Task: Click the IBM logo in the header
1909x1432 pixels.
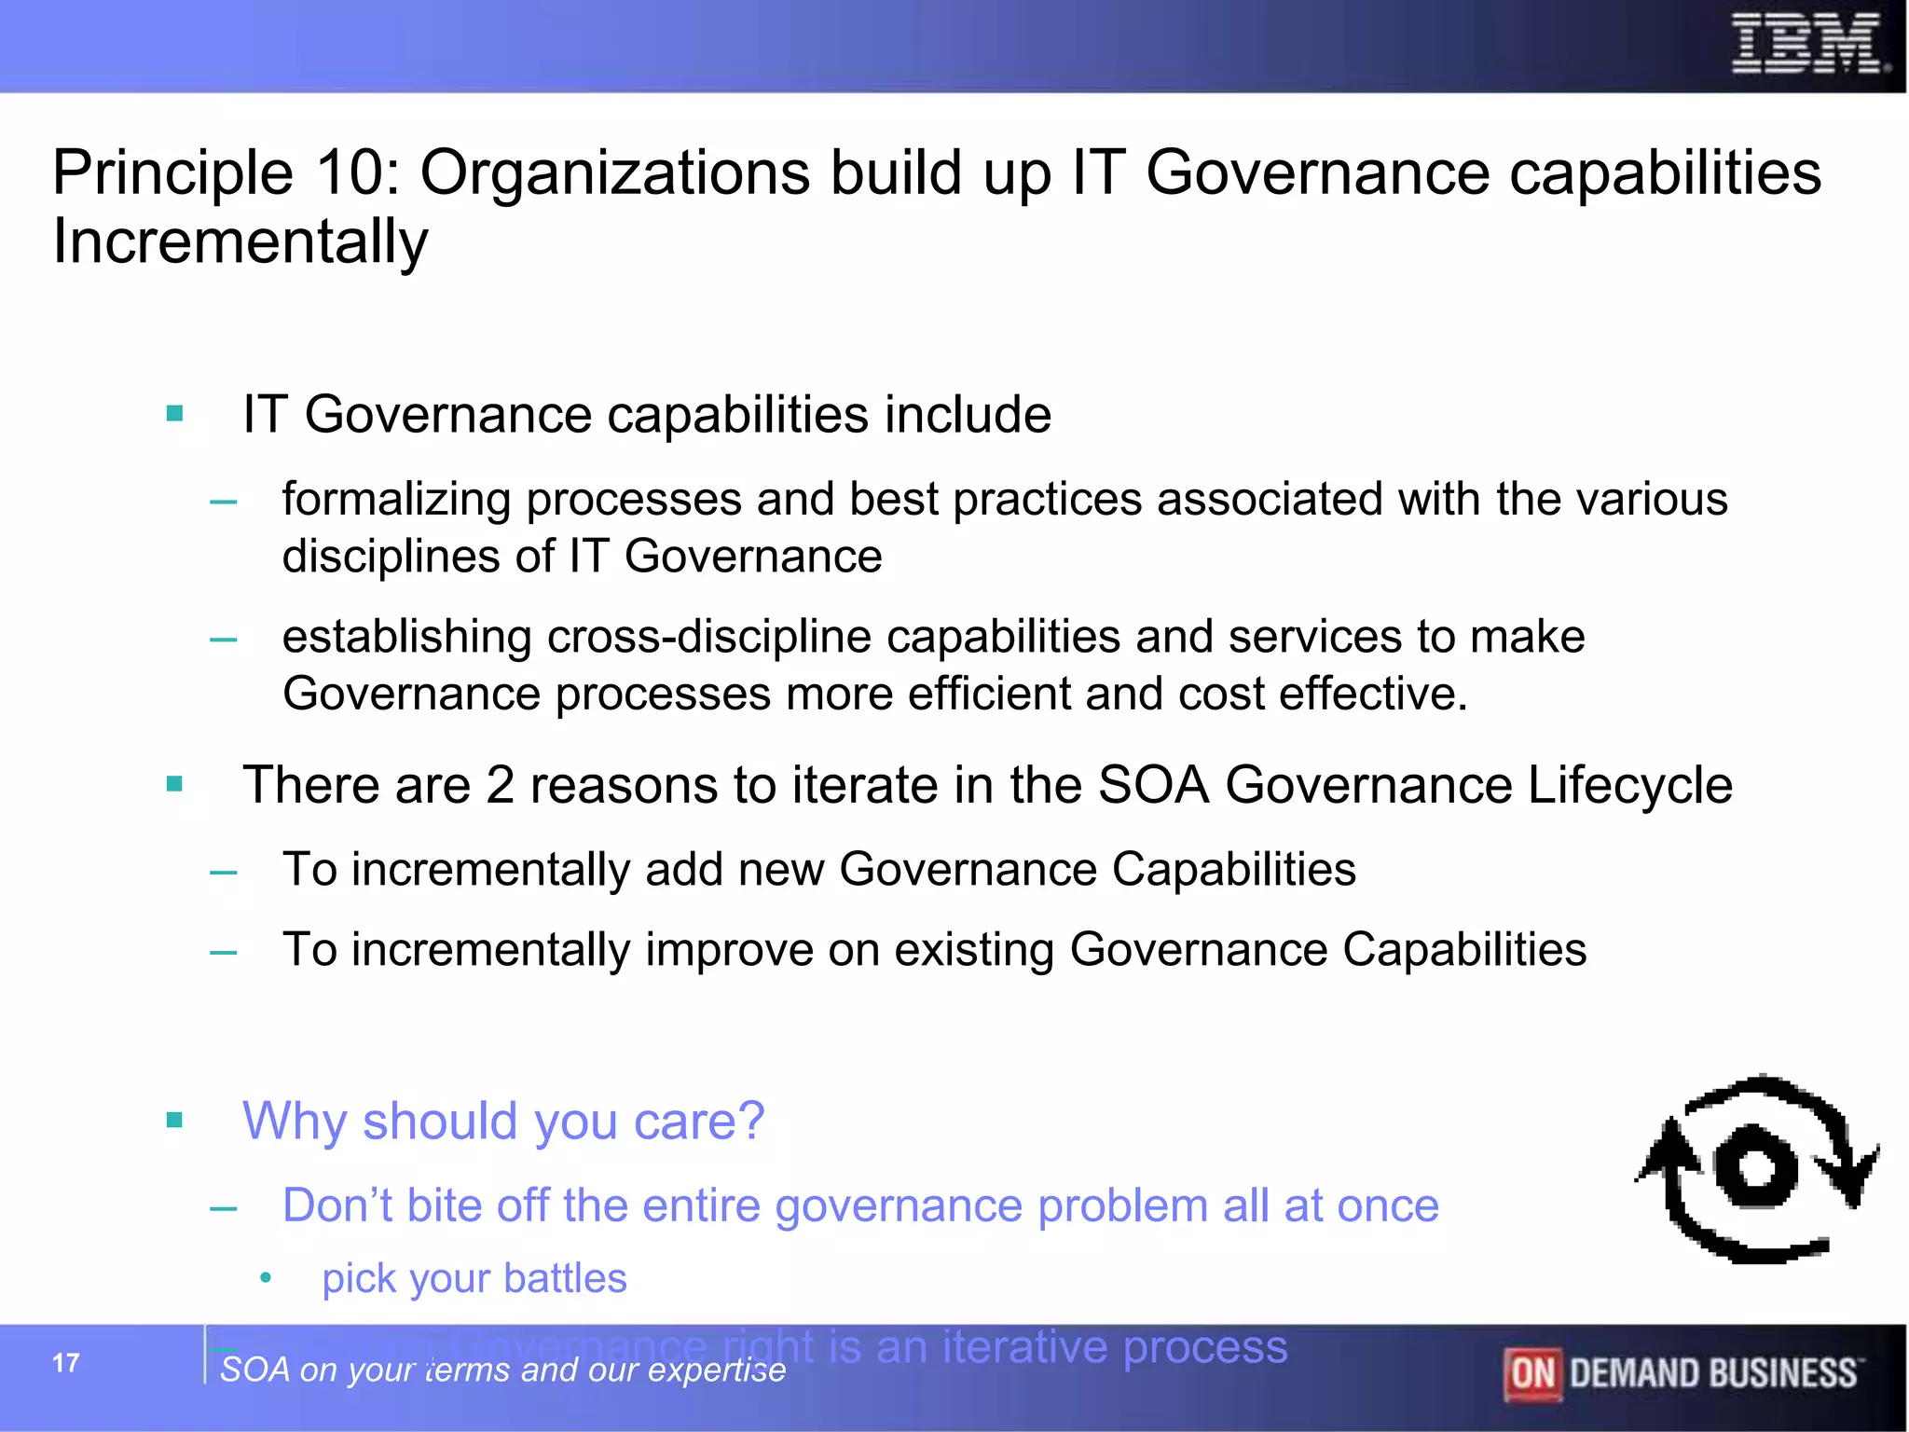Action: click(1807, 45)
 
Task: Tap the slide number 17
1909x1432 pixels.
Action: click(65, 1363)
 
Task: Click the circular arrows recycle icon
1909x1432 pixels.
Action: click(1757, 1169)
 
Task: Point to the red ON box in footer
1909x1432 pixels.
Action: click(1531, 1374)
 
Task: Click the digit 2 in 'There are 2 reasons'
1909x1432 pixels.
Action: click(500, 785)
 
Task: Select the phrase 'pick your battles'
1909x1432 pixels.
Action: click(474, 1279)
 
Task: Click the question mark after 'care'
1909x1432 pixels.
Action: click(750, 1121)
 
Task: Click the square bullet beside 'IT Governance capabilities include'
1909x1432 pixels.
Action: click(174, 413)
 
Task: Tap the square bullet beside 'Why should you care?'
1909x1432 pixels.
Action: click(174, 1120)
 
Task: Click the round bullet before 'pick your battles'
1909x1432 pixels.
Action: click(266, 1278)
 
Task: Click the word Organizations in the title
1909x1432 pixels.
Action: click(614, 173)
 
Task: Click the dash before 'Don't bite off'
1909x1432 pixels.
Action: click(224, 1210)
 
